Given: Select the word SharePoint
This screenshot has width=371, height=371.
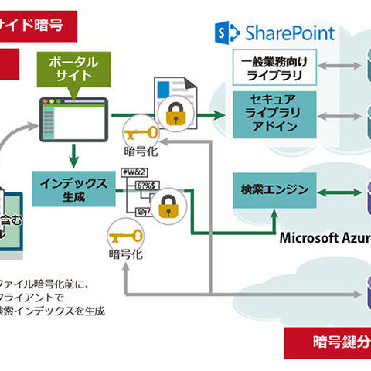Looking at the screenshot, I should click(x=289, y=32).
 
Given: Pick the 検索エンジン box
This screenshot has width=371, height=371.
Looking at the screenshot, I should click(x=274, y=189).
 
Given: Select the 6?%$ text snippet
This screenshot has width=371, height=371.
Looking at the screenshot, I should click(x=147, y=186).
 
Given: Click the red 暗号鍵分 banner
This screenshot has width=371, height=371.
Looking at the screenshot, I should click(x=328, y=342).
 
